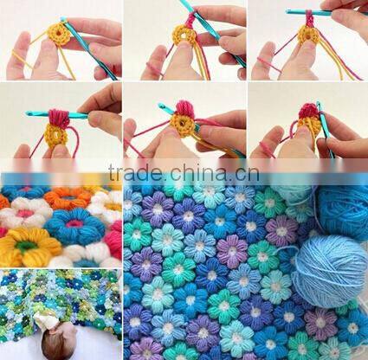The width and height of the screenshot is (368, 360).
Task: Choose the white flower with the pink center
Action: [x=26, y=213]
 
